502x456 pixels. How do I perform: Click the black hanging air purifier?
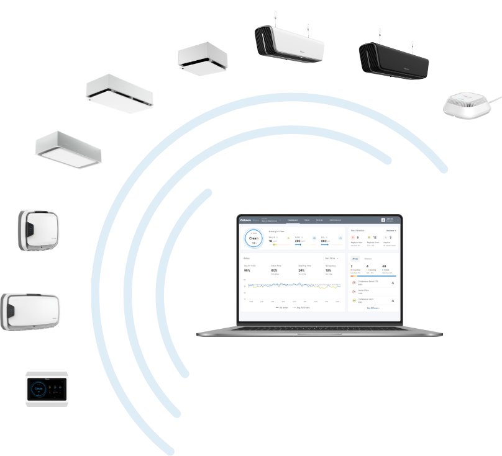click(393, 57)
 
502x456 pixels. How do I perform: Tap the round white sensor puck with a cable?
click(468, 104)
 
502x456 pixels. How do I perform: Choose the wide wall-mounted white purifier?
click(30, 311)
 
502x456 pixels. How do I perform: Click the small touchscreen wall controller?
click(47, 389)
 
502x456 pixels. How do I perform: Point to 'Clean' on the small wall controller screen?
click(39, 389)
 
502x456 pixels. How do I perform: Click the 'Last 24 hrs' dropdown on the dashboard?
click(331, 257)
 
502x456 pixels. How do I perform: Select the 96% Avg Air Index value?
click(247, 270)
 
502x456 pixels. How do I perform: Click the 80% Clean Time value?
click(274, 270)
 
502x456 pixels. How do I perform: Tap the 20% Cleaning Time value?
click(301, 270)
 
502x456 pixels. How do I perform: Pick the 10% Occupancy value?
click(328, 270)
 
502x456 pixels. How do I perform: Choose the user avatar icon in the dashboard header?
click(383, 220)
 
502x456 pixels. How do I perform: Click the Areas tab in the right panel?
click(355, 257)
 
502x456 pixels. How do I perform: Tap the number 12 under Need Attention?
click(374, 238)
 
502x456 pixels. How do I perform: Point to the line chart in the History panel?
click(292, 287)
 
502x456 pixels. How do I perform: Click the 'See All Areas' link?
click(373, 307)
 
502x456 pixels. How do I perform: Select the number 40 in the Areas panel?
click(384, 266)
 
